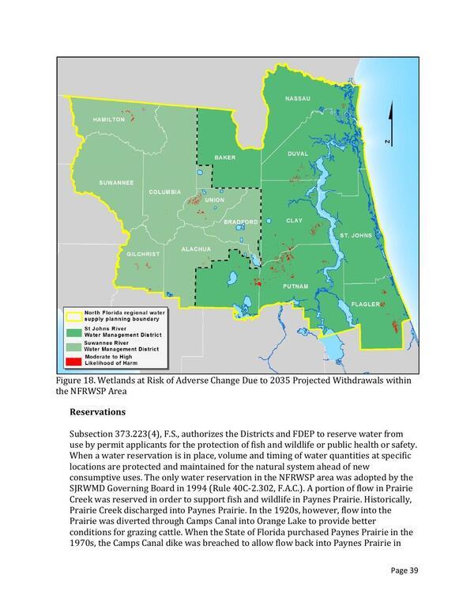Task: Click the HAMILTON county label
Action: click(108, 119)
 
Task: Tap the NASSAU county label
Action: click(298, 98)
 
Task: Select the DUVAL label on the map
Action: click(298, 153)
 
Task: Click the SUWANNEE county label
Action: click(115, 183)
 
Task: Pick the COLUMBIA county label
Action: click(165, 192)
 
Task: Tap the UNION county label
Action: click(214, 199)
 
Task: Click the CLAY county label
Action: click(294, 220)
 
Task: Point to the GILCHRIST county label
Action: click(144, 254)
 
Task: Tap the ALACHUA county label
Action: click(196, 249)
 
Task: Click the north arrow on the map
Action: click(388, 123)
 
